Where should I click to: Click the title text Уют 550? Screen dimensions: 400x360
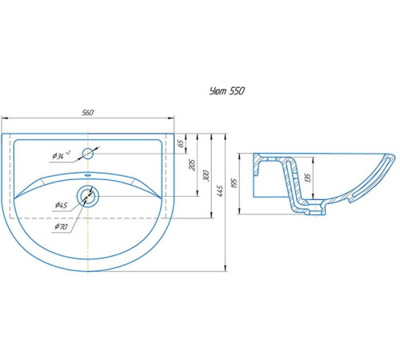coord(227,91)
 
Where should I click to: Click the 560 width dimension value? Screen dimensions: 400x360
coord(88,113)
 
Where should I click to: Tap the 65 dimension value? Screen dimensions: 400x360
coord(181,143)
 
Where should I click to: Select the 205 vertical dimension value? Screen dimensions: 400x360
coord(192,165)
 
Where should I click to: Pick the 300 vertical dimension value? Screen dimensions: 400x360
coord(206,175)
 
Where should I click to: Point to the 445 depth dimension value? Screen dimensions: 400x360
coord(220,191)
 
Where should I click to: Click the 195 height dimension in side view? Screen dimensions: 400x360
coord(234,184)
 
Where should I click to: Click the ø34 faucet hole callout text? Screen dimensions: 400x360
coord(62,155)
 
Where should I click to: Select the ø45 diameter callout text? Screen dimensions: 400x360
coord(61,206)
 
